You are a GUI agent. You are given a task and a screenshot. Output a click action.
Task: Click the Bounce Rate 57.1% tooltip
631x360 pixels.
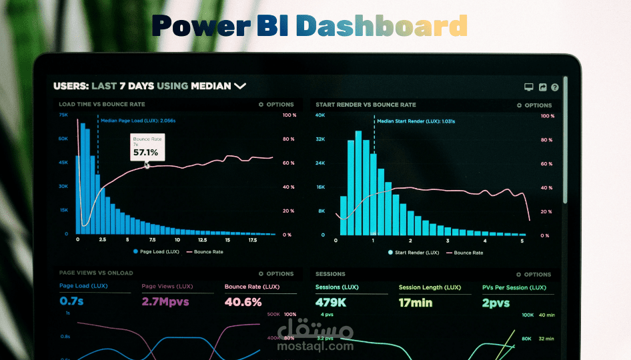click(146, 147)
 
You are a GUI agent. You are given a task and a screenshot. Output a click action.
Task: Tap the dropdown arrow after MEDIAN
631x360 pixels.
click(239, 86)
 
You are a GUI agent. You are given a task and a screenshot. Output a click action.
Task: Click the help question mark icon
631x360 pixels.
click(555, 87)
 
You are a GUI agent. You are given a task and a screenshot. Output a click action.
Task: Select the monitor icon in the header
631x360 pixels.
click(529, 87)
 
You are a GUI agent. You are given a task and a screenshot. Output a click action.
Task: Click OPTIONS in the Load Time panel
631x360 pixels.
click(276, 105)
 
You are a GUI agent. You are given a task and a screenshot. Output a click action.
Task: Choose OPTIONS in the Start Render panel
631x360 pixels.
click(534, 105)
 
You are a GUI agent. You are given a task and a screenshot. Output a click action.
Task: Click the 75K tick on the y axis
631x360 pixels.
click(63, 115)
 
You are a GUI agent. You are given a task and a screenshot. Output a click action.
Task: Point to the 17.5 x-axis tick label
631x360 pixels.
click(253, 239)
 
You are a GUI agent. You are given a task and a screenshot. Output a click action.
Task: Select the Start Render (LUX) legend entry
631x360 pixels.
click(414, 253)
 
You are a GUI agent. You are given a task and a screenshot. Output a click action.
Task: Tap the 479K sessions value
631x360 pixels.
click(330, 303)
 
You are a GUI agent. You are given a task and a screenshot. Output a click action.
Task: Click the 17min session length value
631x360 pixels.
click(416, 303)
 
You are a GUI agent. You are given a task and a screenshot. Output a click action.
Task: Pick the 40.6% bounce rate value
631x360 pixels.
click(243, 302)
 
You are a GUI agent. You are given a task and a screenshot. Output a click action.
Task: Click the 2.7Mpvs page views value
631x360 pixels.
click(166, 302)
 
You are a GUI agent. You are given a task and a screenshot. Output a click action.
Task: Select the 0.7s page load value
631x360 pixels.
click(71, 302)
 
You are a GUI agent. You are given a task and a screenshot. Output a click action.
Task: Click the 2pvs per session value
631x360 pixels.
click(496, 303)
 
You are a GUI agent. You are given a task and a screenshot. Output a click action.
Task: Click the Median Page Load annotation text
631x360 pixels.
click(139, 121)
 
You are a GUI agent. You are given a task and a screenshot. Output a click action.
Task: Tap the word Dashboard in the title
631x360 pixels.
click(382, 27)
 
